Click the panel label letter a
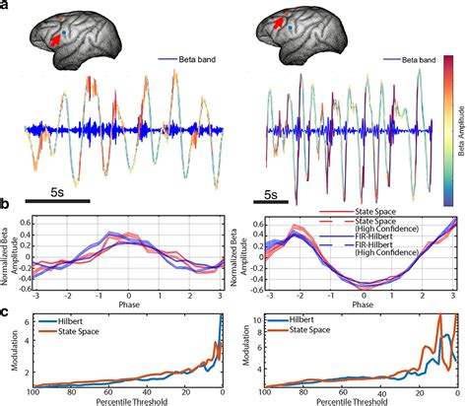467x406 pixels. pos(8,7)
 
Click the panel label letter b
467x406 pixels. pos(8,205)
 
